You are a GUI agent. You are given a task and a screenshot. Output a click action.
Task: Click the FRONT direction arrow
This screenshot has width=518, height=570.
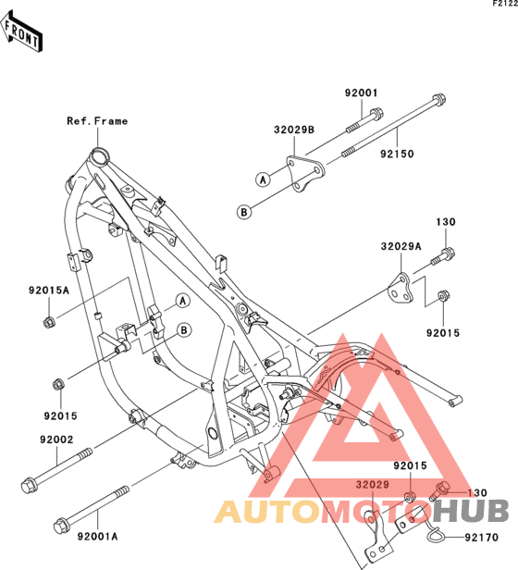click(22, 31)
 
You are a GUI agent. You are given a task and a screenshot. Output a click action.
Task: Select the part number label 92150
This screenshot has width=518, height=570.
click(397, 155)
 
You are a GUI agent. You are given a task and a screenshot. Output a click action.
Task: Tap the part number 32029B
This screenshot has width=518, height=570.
click(294, 130)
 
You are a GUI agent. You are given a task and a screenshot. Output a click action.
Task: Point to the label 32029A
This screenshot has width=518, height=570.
click(401, 246)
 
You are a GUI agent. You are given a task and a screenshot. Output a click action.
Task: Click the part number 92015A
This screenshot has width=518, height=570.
click(49, 291)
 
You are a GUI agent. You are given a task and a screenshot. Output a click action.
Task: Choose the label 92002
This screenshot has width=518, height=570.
click(56, 440)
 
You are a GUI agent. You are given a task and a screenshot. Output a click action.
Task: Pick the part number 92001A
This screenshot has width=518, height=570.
click(97, 537)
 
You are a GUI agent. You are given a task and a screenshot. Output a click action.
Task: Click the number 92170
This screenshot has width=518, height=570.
click(482, 538)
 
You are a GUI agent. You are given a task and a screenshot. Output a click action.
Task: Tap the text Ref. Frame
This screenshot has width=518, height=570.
click(97, 121)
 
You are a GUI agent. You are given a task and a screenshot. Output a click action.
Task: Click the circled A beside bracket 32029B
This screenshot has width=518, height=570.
click(264, 180)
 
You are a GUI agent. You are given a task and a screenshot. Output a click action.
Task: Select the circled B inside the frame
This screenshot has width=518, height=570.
click(184, 330)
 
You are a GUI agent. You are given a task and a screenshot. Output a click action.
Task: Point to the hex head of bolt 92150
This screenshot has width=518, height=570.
click(438, 100)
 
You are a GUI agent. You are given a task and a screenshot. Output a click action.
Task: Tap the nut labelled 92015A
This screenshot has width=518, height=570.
click(49, 321)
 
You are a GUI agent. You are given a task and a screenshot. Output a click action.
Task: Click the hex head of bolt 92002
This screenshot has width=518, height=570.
click(28, 487)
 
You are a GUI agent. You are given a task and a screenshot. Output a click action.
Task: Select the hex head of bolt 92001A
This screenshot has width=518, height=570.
click(60, 526)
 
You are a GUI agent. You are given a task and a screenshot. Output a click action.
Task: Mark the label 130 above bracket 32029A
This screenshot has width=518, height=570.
click(446, 222)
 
